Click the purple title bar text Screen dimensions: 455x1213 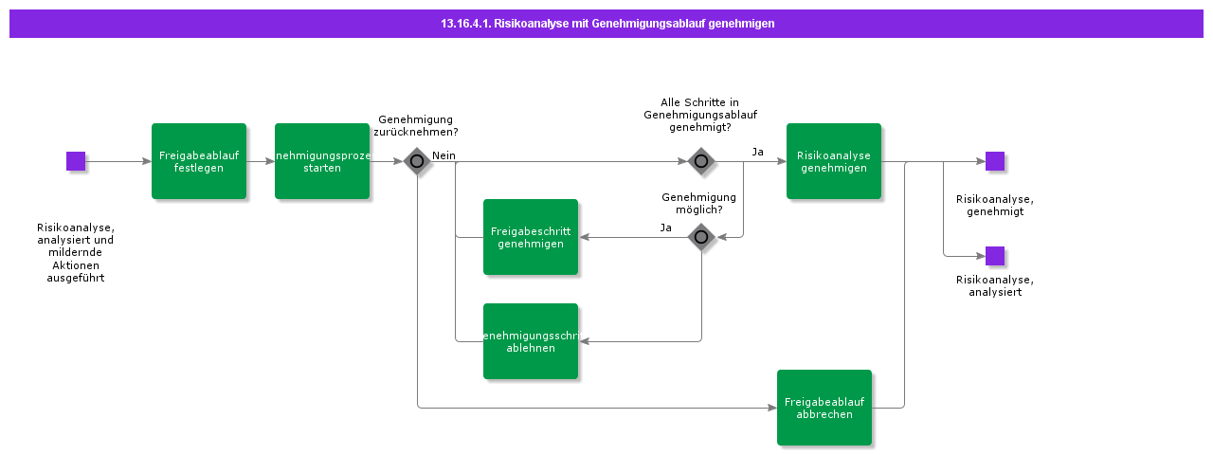(x=607, y=24)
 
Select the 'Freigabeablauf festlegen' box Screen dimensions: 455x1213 (x=199, y=161)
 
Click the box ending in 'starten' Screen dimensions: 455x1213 (x=322, y=161)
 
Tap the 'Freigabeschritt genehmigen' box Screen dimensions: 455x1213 (x=531, y=237)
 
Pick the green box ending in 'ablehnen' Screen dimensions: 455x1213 (x=531, y=341)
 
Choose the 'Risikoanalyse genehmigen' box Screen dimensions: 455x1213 (x=834, y=161)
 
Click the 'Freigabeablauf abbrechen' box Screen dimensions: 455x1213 (x=824, y=408)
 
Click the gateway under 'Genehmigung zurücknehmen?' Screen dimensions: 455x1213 (x=417, y=161)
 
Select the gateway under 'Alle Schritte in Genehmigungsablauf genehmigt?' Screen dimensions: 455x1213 (x=701, y=161)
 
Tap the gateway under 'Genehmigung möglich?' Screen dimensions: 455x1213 (x=701, y=237)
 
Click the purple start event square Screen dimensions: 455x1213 (x=76, y=161)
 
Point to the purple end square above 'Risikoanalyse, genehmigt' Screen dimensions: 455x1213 (x=995, y=161)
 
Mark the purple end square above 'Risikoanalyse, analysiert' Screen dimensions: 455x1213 (x=995, y=256)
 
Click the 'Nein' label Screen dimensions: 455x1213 (x=444, y=155)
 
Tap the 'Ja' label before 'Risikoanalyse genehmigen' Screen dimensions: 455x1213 (x=758, y=152)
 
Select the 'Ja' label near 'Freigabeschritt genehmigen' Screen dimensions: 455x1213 (x=666, y=227)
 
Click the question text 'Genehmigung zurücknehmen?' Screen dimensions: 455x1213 (x=417, y=126)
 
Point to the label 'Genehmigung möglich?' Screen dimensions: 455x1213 (x=698, y=203)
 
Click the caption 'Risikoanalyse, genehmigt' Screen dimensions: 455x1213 (x=995, y=206)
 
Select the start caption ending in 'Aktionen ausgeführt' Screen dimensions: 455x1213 (x=76, y=253)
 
